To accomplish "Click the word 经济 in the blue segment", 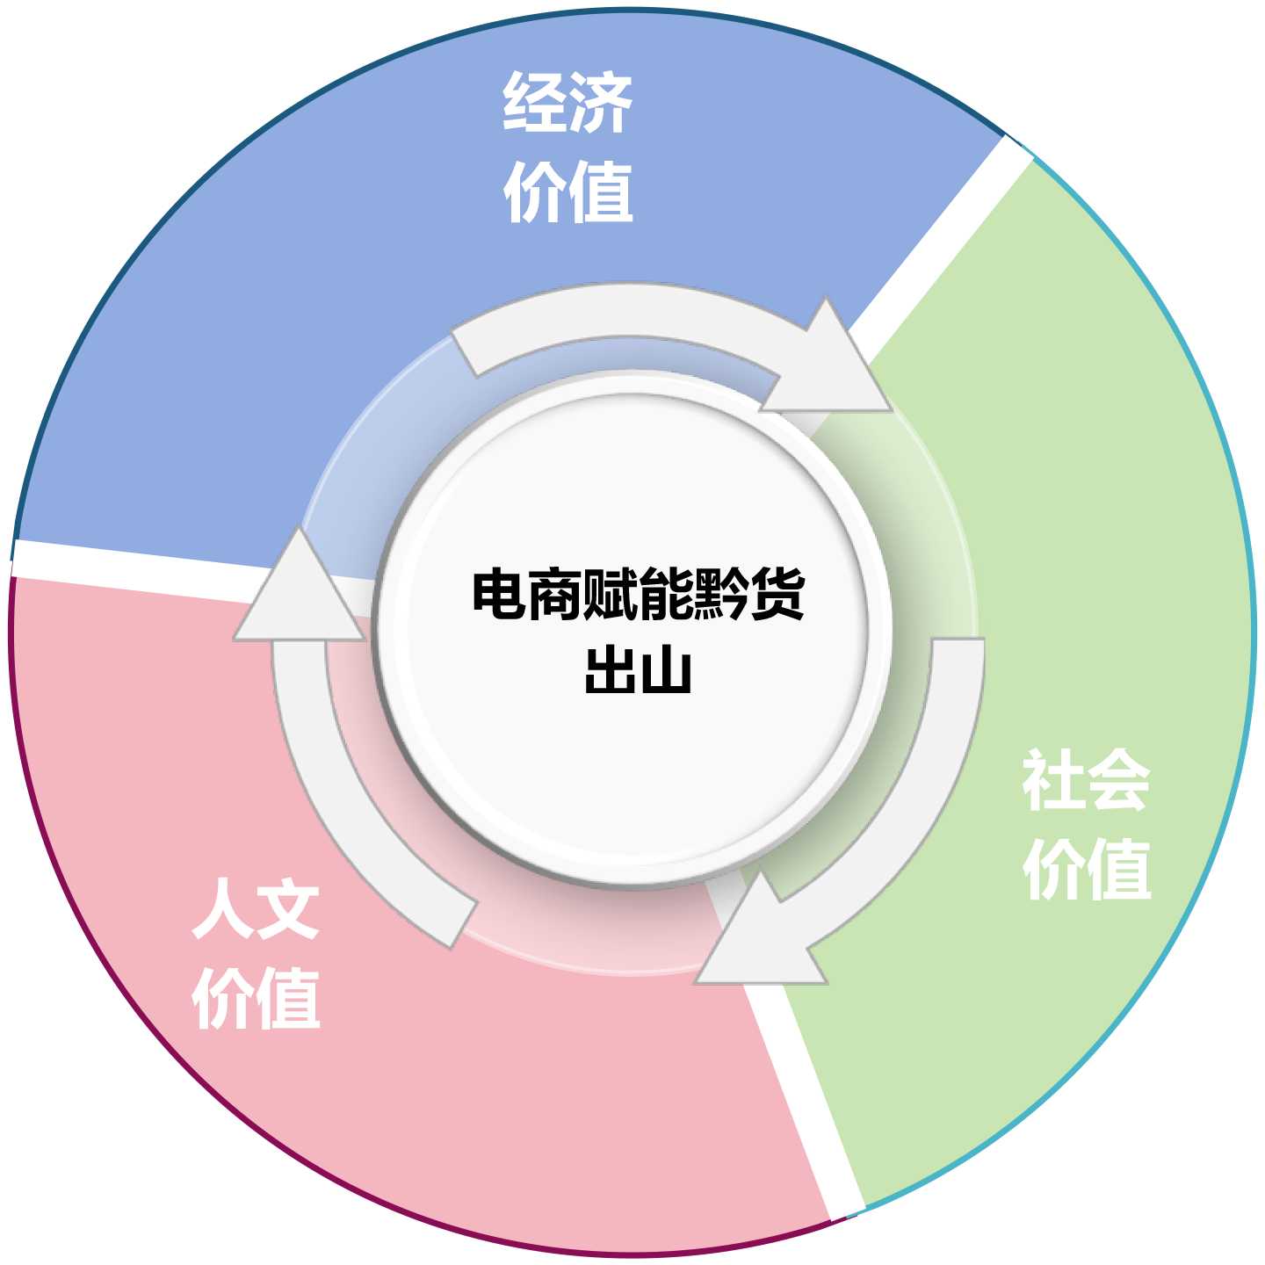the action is [x=567, y=103].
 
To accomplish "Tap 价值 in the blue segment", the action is [x=567, y=192].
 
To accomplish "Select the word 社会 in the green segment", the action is [x=1086, y=780].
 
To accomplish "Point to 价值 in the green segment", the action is [x=1086, y=869].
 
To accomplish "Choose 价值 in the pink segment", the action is [x=256, y=998].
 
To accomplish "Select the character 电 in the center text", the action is [x=499, y=595].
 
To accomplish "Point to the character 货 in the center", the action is [x=777, y=595].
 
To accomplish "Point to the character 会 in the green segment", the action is [x=1117, y=780].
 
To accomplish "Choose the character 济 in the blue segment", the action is [x=600, y=103].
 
